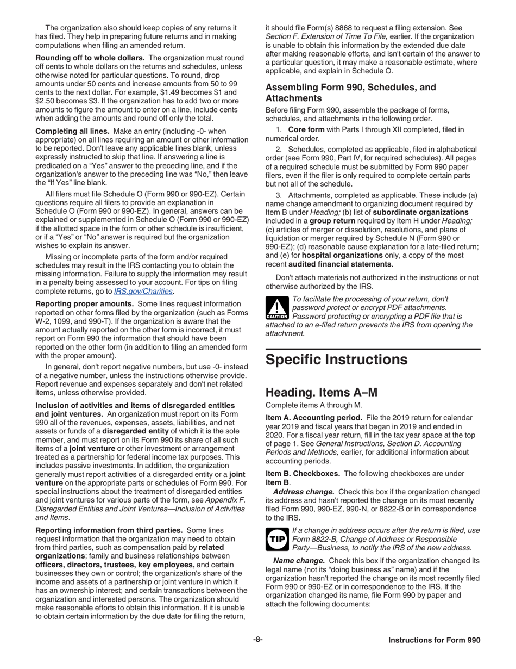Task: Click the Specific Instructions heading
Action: pos(337,360)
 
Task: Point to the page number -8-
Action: pos(258,640)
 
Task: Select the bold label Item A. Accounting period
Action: pos(311,417)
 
